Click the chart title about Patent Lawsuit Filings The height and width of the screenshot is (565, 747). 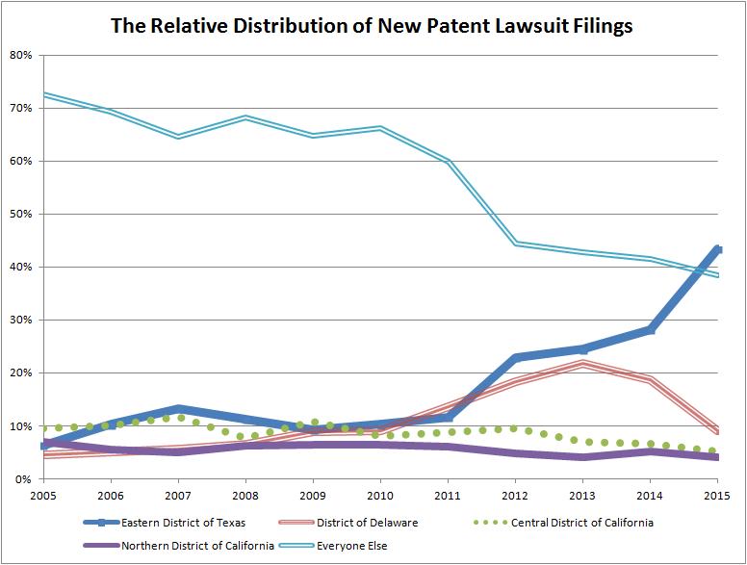372,25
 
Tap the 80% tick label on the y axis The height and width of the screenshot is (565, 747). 20,55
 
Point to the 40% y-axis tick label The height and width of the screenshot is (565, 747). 20,267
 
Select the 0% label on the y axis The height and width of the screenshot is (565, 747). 23,478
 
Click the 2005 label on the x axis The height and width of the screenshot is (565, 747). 44,496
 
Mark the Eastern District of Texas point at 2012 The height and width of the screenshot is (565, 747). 516,357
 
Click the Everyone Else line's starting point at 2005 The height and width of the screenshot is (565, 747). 44,94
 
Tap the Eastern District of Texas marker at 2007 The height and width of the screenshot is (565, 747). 179,409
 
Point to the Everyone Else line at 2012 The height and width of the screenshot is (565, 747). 516,244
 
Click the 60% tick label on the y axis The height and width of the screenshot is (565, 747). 20,161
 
